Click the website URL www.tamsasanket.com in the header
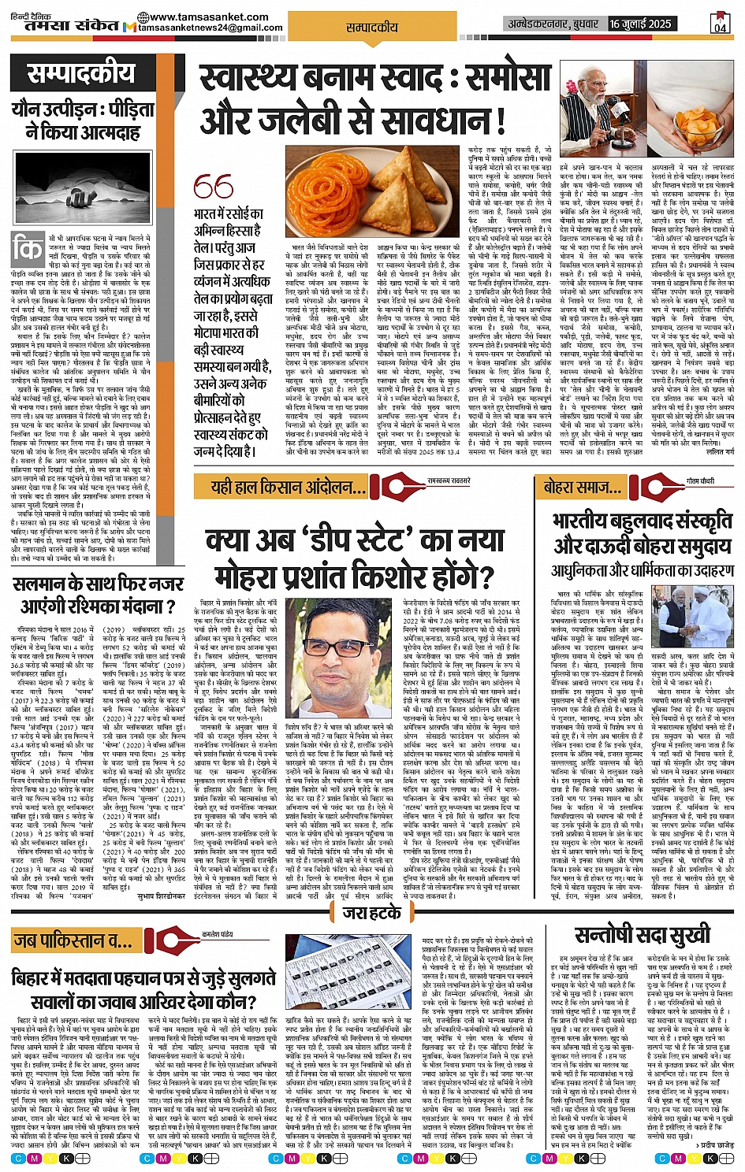192,17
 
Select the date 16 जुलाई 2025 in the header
640,24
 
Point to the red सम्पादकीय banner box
82,75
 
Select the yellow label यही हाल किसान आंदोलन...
287,487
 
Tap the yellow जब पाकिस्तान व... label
72,940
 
